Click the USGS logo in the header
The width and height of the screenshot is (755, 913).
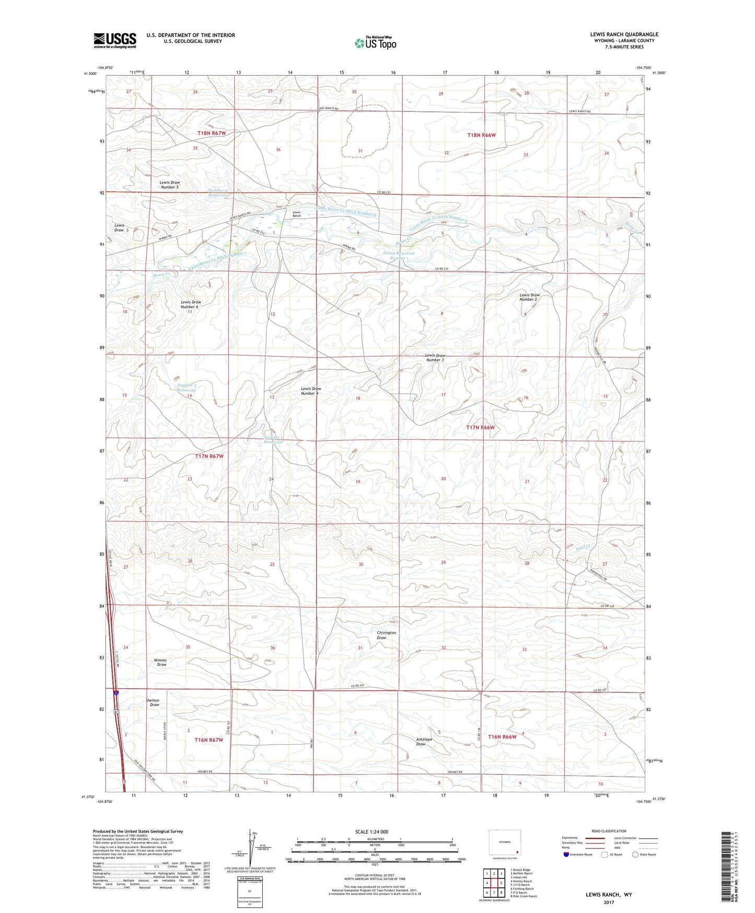tap(114, 40)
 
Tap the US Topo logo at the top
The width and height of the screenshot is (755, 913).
tap(375, 43)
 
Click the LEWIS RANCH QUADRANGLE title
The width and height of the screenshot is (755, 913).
tap(624, 35)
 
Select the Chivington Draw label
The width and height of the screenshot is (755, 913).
tap(386, 635)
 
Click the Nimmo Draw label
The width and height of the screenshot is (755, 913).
tap(160, 662)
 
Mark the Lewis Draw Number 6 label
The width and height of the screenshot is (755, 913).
tap(190, 304)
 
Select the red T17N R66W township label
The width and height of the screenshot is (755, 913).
tap(480, 428)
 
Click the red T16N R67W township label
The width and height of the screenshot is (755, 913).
tap(208, 740)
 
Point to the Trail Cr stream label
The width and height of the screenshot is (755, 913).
tap(583, 547)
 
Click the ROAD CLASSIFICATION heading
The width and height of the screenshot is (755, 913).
tap(609, 831)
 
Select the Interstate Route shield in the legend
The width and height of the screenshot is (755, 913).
tap(566, 854)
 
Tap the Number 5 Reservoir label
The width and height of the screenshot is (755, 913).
tap(187, 387)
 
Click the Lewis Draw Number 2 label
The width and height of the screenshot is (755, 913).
tap(529, 297)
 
